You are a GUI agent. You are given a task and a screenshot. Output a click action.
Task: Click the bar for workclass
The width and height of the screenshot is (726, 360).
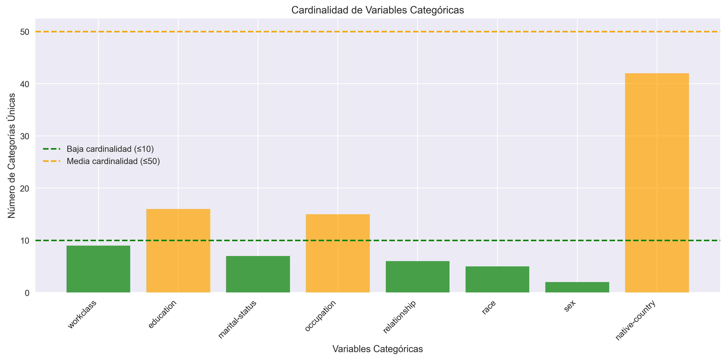[98, 269]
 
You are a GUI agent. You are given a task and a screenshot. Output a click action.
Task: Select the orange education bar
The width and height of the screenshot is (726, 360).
[178, 251]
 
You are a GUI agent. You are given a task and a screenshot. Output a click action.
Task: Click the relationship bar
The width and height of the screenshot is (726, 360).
[417, 277]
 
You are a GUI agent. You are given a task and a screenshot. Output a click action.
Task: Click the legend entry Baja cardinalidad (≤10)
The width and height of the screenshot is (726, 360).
[110, 149]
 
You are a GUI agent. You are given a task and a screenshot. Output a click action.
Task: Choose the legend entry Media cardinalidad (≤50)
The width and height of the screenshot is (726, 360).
[113, 161]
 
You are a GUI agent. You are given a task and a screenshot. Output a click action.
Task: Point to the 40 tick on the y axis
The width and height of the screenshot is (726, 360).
[25, 84]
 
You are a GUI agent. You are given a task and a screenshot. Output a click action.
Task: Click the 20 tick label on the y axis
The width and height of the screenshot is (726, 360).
[25, 188]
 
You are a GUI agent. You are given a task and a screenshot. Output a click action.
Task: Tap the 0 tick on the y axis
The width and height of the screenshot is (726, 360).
[27, 293]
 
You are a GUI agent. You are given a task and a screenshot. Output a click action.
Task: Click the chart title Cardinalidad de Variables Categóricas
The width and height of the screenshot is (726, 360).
[377, 10]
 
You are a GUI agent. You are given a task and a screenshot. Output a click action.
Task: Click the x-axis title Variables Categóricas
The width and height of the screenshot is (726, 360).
[377, 349]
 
